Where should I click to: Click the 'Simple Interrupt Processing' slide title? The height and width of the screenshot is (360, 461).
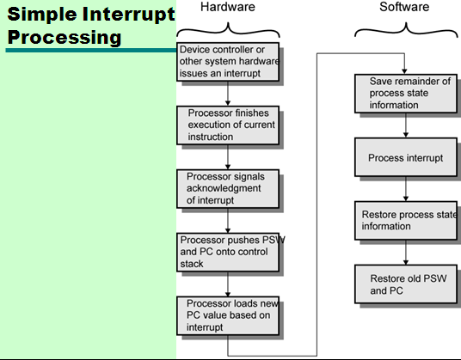[x=86, y=26]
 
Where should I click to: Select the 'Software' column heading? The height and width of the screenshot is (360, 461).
[x=404, y=8]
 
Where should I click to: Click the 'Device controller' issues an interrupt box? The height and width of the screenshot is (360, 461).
[x=229, y=63]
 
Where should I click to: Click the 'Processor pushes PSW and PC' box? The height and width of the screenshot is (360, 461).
[x=229, y=252]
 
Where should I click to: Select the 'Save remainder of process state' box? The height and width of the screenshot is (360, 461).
[x=405, y=94]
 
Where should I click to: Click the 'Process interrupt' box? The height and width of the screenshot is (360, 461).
[x=405, y=158]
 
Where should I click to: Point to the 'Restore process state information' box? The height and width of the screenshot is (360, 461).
[x=407, y=222]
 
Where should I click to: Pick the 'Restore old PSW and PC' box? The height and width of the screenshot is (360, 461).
[x=405, y=284]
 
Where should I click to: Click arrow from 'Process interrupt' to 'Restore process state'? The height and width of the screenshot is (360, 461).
[x=405, y=190]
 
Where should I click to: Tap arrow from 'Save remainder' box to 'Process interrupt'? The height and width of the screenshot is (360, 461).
[x=405, y=126]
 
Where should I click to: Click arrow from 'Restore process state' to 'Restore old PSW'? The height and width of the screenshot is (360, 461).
[x=405, y=253]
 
